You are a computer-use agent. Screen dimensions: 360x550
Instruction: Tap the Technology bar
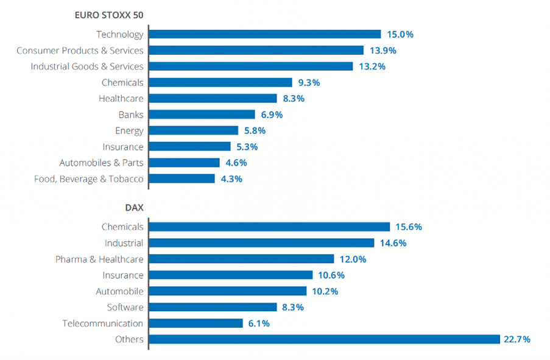point(264,35)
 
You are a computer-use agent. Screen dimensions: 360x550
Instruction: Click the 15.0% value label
point(400,35)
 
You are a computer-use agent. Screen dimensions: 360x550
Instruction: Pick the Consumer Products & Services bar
point(256,51)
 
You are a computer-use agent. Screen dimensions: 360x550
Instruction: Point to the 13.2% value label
point(372,66)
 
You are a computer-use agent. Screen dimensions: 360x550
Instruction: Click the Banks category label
point(131,115)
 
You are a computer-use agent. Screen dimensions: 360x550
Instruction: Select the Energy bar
point(194,130)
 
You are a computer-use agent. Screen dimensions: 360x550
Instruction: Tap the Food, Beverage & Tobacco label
point(89,178)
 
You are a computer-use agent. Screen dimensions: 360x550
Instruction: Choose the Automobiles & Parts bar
point(184,163)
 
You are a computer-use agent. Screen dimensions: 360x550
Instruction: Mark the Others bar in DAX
point(324,339)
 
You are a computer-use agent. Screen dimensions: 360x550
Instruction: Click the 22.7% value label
point(517,339)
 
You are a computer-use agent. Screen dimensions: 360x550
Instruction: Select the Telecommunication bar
point(196,323)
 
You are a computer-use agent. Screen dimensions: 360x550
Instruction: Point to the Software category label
point(125,307)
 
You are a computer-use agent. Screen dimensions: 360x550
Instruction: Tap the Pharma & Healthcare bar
point(241,259)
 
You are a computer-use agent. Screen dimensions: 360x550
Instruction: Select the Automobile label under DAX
point(119,291)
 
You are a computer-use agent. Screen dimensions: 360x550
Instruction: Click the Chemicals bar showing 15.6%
point(269,227)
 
